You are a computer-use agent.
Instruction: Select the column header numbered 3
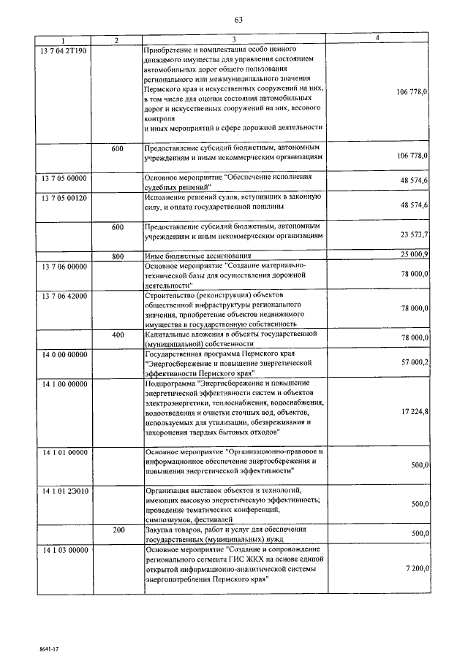pos(234,39)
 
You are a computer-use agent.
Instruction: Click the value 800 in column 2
pos(117,256)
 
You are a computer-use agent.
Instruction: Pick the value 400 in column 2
pos(117,334)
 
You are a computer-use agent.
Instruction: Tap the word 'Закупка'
pos(162,529)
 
